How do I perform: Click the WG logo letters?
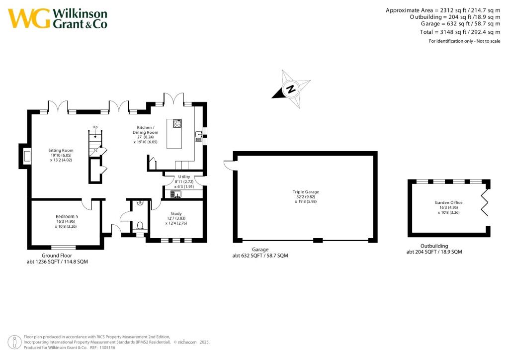pos(29,18)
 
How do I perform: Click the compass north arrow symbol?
pos(290,90)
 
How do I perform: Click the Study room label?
pos(176,213)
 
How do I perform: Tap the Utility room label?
pos(184,177)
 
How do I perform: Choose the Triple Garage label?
pos(306,191)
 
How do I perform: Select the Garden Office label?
pos(448,202)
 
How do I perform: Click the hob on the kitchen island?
pos(177,124)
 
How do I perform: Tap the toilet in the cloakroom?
pos(140,225)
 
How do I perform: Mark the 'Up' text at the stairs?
pos(95,127)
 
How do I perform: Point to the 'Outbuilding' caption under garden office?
pos(434,246)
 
